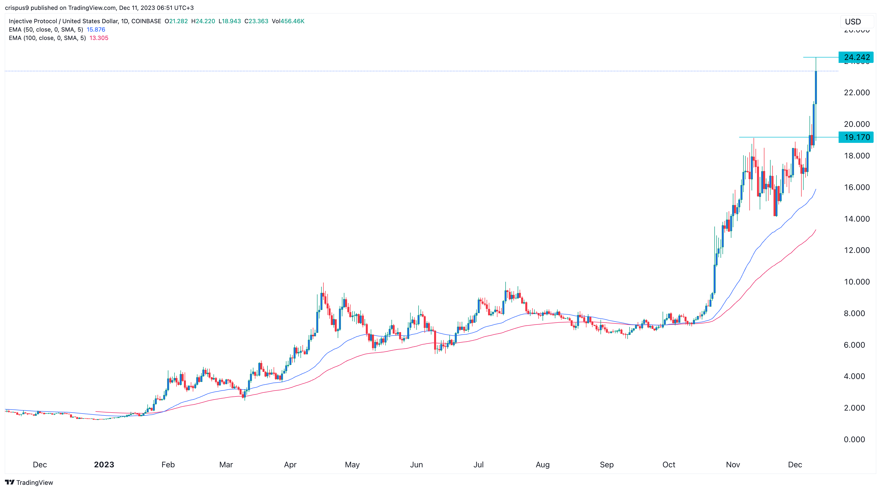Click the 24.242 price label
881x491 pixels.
[856, 57]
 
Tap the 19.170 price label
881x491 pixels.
[856, 137]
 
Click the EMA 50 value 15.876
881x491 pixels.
[96, 29]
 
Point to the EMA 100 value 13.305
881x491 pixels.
[99, 38]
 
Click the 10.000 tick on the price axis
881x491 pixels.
[856, 282]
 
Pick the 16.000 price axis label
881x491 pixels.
[856, 187]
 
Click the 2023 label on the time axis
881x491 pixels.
[104, 465]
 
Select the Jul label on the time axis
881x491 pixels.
[478, 465]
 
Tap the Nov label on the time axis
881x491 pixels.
[733, 465]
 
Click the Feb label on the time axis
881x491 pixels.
[168, 465]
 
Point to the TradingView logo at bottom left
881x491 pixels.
[29, 482]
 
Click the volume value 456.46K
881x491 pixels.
[292, 21]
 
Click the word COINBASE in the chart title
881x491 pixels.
[146, 21]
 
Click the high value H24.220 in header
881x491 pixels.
[203, 21]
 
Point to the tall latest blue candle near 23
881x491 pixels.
[816, 87]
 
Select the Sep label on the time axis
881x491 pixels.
[606, 465]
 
